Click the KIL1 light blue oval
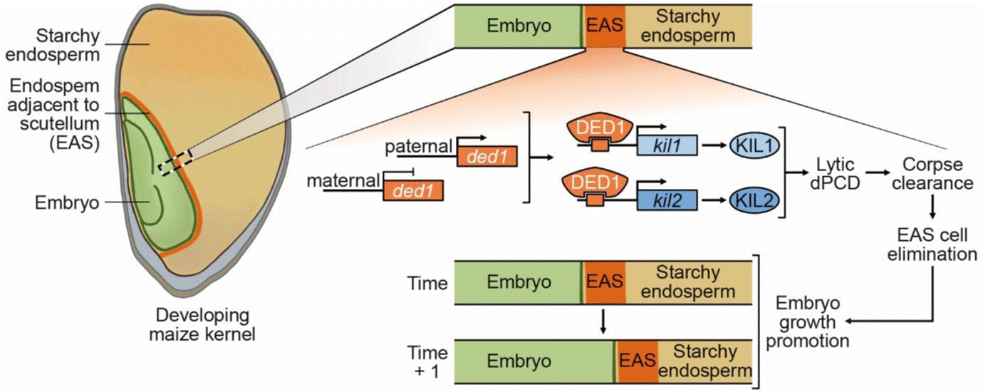[x=754, y=145]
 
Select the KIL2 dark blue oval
[x=754, y=200]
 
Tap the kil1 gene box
[x=667, y=145]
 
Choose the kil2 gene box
[x=667, y=200]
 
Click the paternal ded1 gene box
[x=487, y=156]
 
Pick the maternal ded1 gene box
[x=413, y=190]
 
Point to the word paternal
[x=419, y=147]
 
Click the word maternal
[x=343, y=180]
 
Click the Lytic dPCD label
[x=835, y=174]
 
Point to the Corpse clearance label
[x=932, y=174]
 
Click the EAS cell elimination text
[x=932, y=244]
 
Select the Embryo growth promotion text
[x=808, y=321]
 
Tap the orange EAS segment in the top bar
[x=605, y=26]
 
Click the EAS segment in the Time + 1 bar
[x=638, y=361]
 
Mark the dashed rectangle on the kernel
[x=175, y=163]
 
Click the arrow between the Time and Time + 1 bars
[x=603, y=321]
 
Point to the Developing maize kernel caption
[x=202, y=325]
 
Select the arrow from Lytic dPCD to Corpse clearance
[x=876, y=172]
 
